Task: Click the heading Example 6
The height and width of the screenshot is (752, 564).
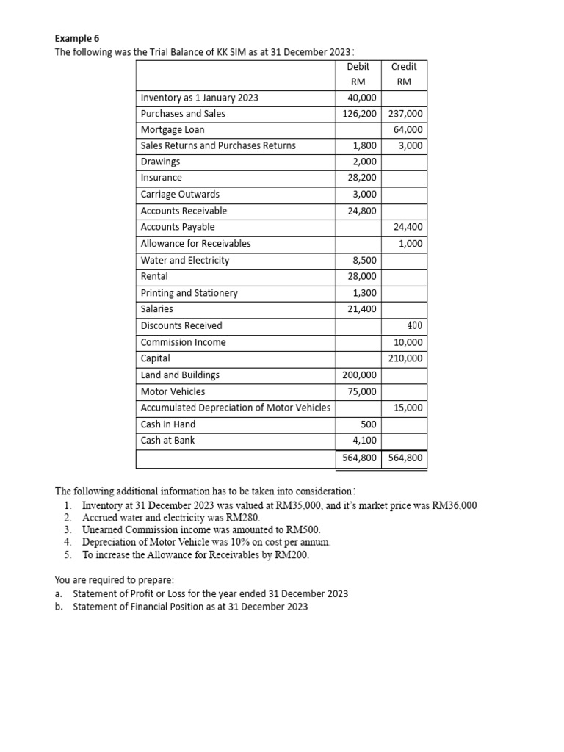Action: coord(77,39)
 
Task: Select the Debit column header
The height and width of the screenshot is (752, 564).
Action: coord(358,67)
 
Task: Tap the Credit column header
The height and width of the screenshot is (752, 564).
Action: coord(404,67)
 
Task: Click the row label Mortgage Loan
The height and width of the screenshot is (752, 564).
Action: coord(173,129)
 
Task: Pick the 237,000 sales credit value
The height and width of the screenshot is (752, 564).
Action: coord(405,114)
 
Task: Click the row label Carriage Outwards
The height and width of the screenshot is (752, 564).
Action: coord(180,195)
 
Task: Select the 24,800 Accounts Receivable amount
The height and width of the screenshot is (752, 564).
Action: coord(362,211)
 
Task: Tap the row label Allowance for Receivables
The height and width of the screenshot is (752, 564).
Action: coord(195,244)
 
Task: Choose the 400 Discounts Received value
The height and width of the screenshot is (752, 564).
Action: coord(414,325)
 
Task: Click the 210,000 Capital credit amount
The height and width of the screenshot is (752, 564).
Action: coord(405,358)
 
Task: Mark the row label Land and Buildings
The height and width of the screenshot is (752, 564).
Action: coord(180,375)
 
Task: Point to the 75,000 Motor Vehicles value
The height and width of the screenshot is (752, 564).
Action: coord(362,391)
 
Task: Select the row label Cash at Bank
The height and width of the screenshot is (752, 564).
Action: coord(167,441)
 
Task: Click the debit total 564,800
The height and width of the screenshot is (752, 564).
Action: coord(360,458)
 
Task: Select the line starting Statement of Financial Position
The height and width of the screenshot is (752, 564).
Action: coord(190,607)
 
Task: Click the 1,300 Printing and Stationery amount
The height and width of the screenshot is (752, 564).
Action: coord(365,293)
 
